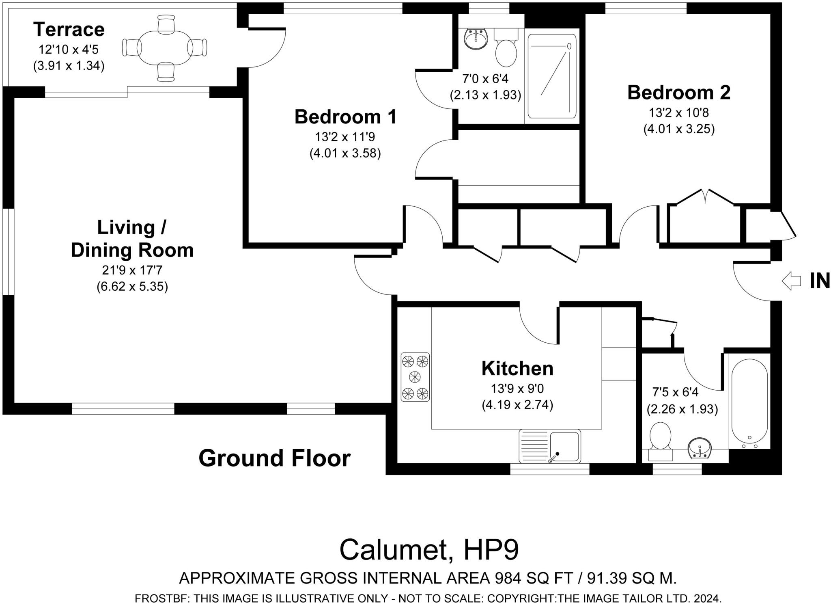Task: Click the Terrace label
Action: click(69, 30)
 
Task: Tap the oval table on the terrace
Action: click(165, 48)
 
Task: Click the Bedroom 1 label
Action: click(345, 117)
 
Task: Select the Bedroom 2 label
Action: click(679, 93)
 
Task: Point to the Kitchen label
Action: click(517, 369)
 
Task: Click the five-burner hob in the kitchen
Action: click(415, 377)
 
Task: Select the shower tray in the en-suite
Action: click(552, 76)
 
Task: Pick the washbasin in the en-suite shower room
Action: click(476, 39)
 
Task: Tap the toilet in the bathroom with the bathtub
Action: click(660, 441)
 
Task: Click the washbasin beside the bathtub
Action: click(700, 449)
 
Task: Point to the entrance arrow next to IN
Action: click(791, 281)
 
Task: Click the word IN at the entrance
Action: click(820, 281)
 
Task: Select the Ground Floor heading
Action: click(274, 458)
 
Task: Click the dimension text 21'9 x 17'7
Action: click(132, 270)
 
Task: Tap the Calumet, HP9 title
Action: click(429, 550)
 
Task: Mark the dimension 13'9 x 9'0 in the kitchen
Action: click(517, 389)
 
